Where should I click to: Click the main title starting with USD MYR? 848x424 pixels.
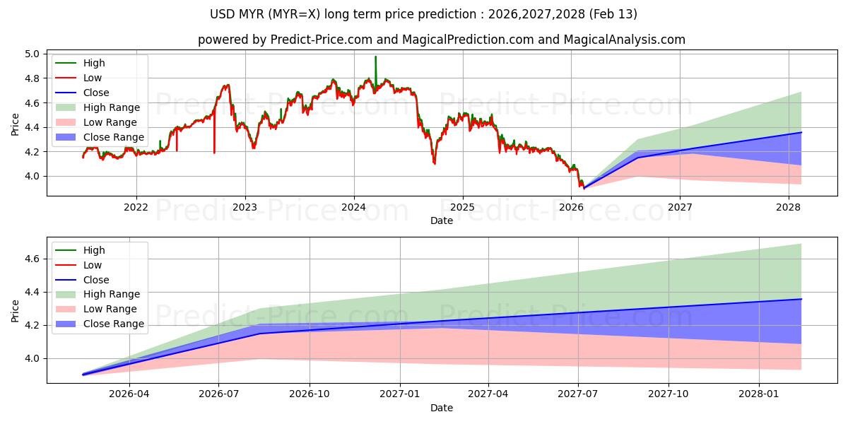423,14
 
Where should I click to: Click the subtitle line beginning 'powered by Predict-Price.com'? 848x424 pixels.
441,40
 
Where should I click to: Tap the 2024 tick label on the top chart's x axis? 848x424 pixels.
353,208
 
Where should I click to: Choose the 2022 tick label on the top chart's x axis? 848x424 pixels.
136,208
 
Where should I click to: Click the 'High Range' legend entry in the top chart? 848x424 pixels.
112,107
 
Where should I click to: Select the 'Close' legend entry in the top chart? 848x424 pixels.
96,93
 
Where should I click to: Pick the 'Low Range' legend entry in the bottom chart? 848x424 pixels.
110,309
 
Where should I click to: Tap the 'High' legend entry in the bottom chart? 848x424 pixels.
94,250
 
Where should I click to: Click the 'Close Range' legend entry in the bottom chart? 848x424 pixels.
114,324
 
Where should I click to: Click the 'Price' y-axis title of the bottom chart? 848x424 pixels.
16,310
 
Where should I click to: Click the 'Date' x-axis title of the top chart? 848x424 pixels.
442,220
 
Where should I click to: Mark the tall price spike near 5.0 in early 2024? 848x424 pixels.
375,58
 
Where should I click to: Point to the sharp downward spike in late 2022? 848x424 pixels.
214,151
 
